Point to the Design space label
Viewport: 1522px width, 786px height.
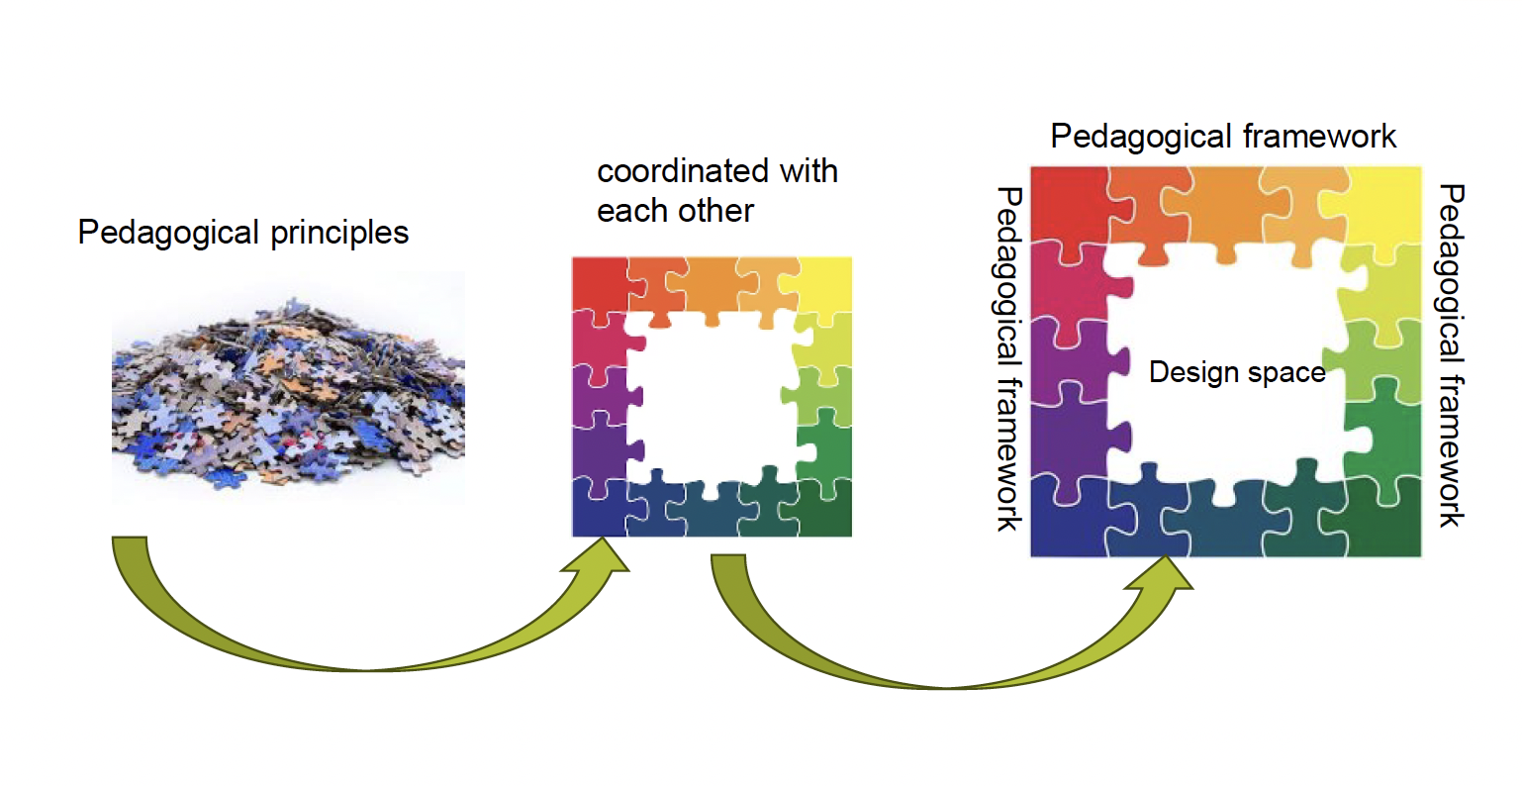1237,372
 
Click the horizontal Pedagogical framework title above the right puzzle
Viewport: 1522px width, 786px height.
1223,137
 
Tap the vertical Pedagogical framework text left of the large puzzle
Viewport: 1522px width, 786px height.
1007,358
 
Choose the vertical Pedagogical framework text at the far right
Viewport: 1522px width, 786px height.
1451,354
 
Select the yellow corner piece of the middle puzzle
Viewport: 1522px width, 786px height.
827,283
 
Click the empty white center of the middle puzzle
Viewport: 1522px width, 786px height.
713,396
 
